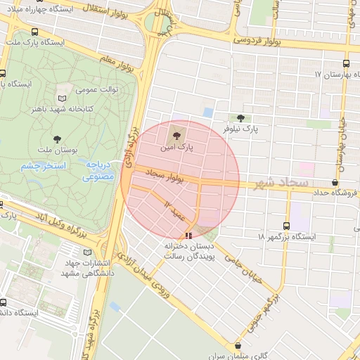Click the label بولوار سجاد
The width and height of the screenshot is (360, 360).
164,176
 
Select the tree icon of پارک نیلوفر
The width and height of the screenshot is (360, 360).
242,118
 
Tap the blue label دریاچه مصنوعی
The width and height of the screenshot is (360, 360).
98,169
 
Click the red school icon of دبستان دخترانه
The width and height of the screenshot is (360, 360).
187,236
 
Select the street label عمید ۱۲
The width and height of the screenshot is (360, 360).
175,209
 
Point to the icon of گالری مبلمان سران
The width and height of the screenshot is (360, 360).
239,345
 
